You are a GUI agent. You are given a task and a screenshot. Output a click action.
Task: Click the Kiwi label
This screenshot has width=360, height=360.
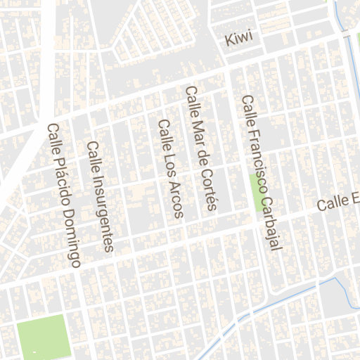tap(238, 40)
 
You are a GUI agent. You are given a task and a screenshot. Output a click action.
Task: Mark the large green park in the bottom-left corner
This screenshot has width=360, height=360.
tap(44, 337)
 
